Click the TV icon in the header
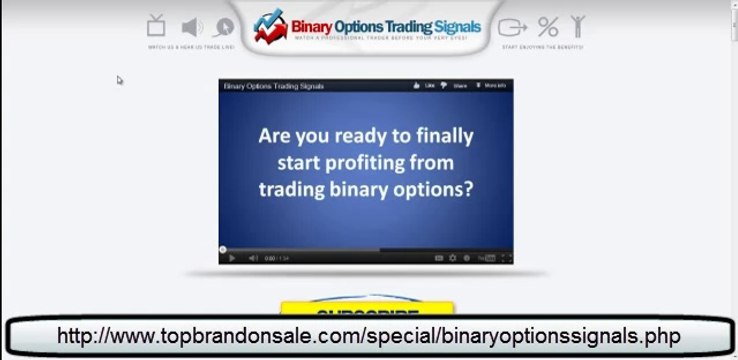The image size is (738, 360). [156, 25]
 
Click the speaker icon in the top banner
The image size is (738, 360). [191, 27]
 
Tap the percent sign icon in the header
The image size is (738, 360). [548, 27]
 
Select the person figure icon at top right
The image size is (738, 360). [577, 27]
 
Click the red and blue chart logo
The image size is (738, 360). [270, 27]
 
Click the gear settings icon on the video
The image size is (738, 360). [453, 257]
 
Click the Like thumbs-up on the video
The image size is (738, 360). [424, 86]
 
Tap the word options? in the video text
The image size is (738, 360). [432, 188]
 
